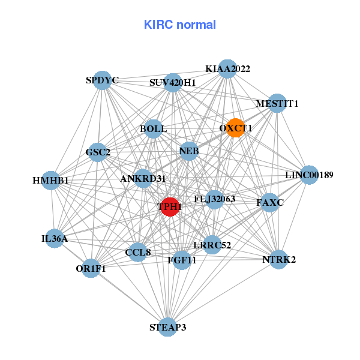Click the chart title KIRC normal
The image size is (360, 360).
pos(179,25)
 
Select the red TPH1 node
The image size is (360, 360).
pos(170,207)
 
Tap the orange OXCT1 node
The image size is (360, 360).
pos(235,127)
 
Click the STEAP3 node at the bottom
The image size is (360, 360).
pos(168,326)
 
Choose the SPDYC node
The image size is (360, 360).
pos(103,80)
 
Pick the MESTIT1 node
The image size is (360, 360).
pos(277,103)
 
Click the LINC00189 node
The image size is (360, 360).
pos(308,175)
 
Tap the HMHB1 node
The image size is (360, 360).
pos(51,180)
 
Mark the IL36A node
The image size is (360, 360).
pos(55,239)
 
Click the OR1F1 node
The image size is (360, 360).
pos(91,268)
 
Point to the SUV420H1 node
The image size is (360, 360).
pos(173,82)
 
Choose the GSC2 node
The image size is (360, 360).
pos(98,152)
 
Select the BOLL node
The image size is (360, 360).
pos(154,128)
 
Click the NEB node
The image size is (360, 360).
pos(188,151)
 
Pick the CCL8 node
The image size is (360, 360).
pos(138,253)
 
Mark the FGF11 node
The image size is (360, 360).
pos(182,260)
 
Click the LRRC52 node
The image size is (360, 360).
pos(212,244)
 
